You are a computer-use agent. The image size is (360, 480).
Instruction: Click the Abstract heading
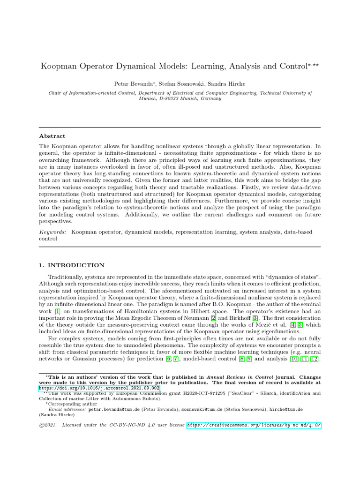tap(52, 136)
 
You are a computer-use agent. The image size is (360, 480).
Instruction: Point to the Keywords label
tap(52, 232)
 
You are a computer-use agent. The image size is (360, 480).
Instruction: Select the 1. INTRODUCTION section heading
tap(72, 265)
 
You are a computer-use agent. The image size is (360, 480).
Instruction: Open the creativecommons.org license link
tap(254, 425)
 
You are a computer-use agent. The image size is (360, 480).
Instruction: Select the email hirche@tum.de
tap(286, 409)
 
